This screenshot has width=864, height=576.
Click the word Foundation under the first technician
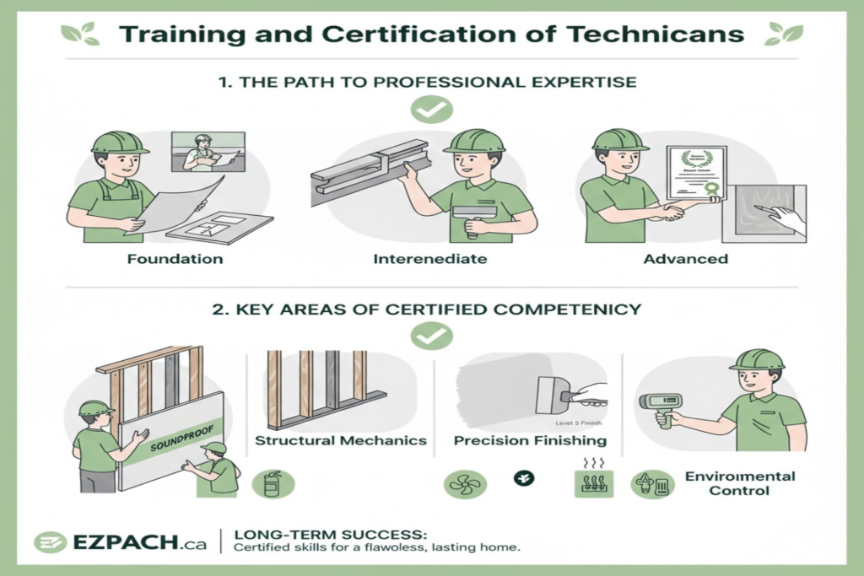click(175, 258)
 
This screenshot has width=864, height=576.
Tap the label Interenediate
click(429, 258)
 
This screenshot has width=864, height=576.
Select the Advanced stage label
click(685, 258)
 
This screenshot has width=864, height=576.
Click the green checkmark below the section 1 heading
click(431, 109)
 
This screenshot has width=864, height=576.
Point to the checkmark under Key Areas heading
click(431, 336)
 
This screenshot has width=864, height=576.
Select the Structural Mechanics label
click(341, 440)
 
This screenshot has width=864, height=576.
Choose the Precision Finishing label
click(530, 440)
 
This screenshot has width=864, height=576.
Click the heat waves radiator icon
click(591, 482)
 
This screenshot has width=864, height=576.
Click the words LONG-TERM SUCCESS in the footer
click(331, 534)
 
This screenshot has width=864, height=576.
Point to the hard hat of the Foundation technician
click(119, 143)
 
